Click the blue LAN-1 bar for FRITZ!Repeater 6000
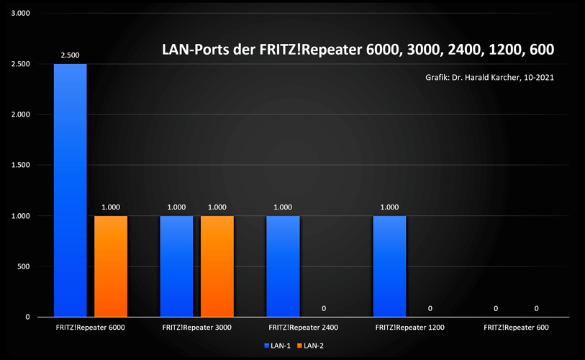(x=70, y=191)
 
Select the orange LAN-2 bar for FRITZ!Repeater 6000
(x=111, y=266)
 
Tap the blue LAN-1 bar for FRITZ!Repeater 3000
(x=176, y=266)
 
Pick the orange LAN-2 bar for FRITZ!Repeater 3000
(x=217, y=266)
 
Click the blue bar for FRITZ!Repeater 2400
(x=283, y=266)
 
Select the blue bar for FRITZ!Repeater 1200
(x=389, y=266)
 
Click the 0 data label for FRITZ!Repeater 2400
(x=324, y=308)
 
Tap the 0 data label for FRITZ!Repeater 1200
(x=430, y=308)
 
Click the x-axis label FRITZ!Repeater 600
(x=517, y=328)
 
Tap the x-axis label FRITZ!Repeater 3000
(x=197, y=328)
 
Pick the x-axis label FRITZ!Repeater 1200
(x=410, y=328)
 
